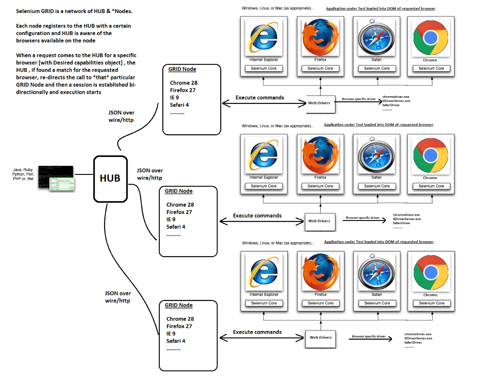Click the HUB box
coord(110,178)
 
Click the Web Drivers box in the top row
coord(320,103)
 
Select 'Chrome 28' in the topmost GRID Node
coord(183,83)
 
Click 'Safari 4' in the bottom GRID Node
coord(176,341)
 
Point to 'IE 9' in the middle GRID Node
coord(171,219)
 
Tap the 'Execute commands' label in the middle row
coord(257,216)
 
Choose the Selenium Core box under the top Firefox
coord(320,68)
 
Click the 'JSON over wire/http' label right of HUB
coord(150,174)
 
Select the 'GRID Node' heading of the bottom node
coord(179,305)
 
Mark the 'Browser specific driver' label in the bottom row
coord(369,337)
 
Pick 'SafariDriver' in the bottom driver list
coord(413,342)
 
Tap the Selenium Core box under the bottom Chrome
coord(432,303)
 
